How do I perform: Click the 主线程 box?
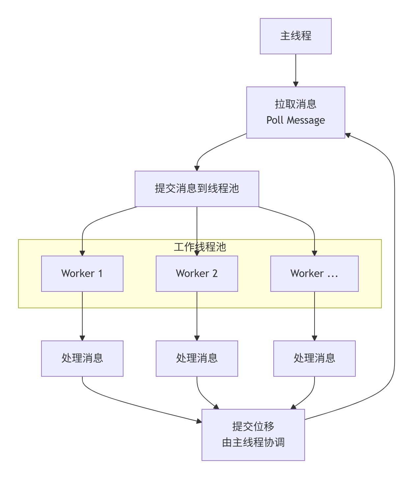click(295, 36)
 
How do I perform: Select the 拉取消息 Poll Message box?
click(295, 112)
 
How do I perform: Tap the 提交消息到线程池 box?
click(197, 189)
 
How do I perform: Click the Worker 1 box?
click(82, 273)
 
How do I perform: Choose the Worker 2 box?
click(197, 273)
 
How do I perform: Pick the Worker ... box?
click(314, 273)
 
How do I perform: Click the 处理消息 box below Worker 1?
click(82, 358)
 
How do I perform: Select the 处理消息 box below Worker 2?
click(197, 358)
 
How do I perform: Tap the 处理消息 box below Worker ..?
click(314, 358)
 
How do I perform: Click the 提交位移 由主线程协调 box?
click(253, 435)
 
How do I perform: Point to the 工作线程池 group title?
click(200, 247)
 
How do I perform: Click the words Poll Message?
click(295, 120)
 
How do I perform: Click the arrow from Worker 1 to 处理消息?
click(82, 316)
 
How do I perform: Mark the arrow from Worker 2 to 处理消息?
click(197, 316)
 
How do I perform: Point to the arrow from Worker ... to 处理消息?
click(314, 316)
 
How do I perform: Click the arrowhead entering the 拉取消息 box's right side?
click(348, 135)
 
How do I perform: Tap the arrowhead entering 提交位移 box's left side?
click(199, 421)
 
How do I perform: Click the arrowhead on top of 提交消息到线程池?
click(197, 168)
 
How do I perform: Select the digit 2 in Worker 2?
click(215, 273)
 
